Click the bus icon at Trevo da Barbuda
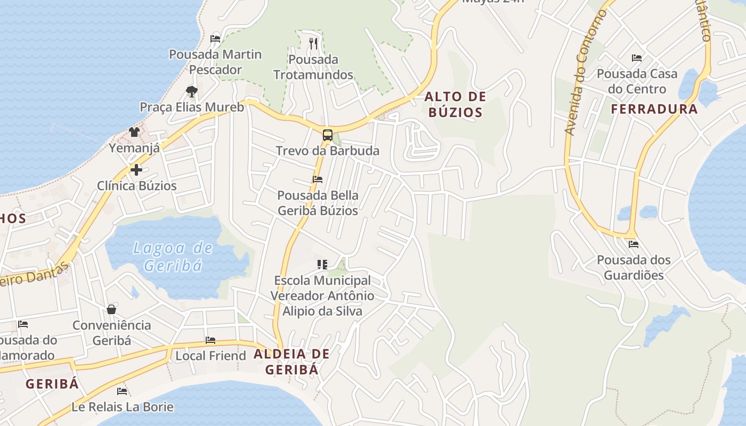327,135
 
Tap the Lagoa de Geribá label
173,256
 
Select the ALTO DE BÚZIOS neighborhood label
455,104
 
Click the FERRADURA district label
654,109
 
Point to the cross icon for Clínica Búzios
136,170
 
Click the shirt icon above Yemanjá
134,132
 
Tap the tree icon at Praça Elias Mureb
191,91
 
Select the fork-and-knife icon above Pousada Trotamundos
313,43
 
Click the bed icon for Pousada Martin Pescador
215,38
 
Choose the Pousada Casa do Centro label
637,81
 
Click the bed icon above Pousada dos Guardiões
633,244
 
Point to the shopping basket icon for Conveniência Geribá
111,309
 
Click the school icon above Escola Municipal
322,264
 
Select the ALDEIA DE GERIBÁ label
291,361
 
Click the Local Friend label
211,355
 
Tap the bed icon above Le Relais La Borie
122,391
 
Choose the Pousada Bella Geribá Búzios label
318,203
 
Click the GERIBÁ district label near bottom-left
52,383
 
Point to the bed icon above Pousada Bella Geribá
318,179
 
